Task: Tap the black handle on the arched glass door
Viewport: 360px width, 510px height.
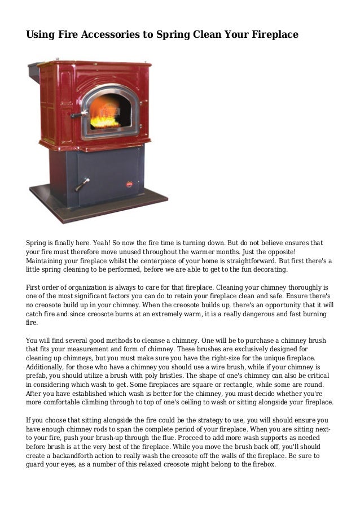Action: click(x=78, y=114)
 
